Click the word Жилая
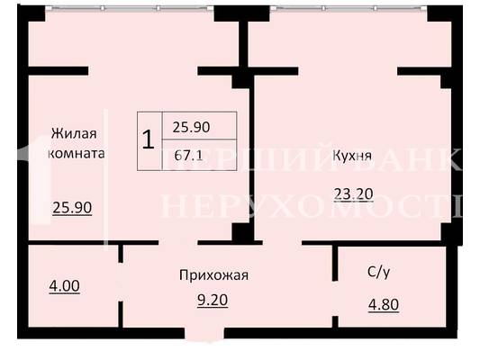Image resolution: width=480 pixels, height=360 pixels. [74, 134]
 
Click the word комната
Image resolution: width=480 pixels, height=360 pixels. [77, 153]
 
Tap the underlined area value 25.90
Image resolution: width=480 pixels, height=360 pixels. [72, 208]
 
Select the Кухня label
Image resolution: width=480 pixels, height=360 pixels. [352, 156]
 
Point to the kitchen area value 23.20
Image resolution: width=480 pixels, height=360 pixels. [354, 194]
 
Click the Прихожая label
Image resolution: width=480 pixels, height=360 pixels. [213, 275]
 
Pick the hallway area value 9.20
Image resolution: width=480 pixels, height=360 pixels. [213, 301]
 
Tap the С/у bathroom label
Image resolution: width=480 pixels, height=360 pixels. [379, 272]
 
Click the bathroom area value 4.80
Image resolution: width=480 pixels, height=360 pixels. [384, 305]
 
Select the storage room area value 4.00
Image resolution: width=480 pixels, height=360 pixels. [64, 286]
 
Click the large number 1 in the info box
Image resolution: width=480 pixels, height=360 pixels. [149, 139]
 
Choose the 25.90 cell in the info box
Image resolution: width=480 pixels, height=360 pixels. [191, 127]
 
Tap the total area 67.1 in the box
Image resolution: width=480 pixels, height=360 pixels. [188, 156]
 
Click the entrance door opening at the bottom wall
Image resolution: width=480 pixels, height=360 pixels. [204, 333]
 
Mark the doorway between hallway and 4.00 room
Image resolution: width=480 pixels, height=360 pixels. [121, 282]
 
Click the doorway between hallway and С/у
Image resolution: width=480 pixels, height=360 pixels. [335, 299]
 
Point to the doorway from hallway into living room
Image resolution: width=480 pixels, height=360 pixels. [177, 242]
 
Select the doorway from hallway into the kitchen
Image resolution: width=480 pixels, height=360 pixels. [282, 242]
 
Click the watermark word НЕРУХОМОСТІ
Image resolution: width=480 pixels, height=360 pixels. [312, 206]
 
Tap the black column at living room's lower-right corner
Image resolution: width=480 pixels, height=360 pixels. [243, 232]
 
